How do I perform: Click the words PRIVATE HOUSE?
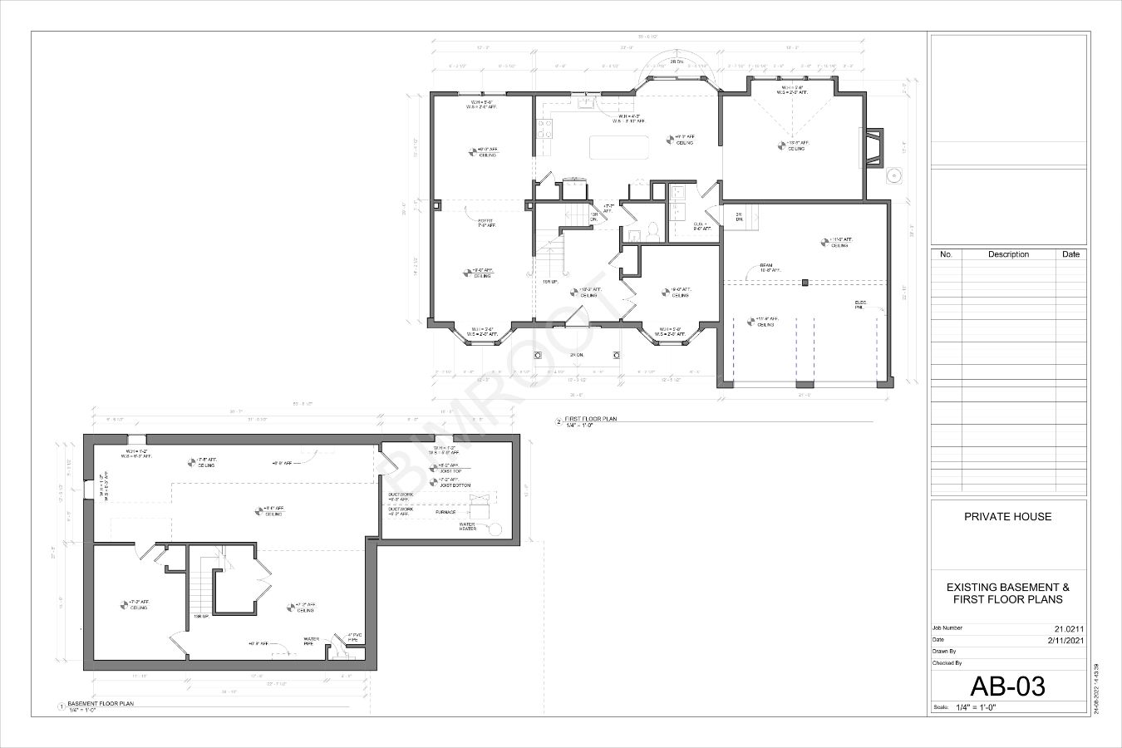pyautogui.click(x=1007, y=517)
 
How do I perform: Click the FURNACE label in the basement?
pyautogui.click(x=445, y=512)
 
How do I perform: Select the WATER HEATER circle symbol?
pyautogui.click(x=496, y=529)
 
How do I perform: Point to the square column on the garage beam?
pyautogui.click(x=805, y=283)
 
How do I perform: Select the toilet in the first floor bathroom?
pyautogui.click(x=652, y=229)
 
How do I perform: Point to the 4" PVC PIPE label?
pyautogui.click(x=352, y=637)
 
